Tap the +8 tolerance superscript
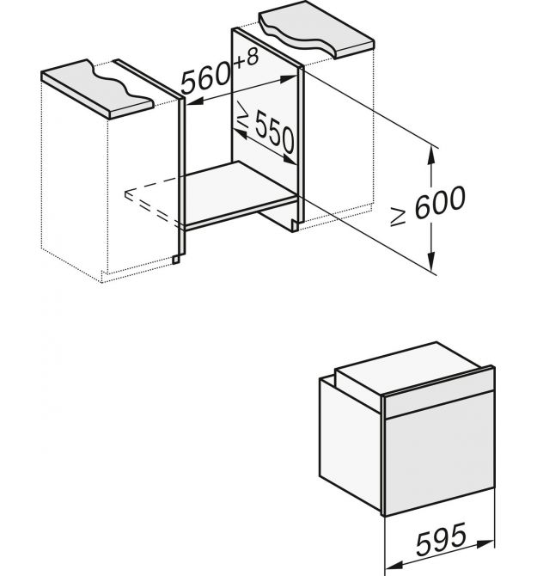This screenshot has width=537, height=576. [246, 58]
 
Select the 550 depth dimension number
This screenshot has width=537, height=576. [275, 132]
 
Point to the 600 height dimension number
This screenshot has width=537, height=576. [440, 202]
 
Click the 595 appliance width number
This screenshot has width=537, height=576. [441, 539]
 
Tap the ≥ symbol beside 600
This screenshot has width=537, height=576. [398, 217]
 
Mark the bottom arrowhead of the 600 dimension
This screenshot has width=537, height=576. [431, 261]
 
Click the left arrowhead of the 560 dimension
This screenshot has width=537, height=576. [195, 101]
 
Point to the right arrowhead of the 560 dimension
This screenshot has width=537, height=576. [289, 78]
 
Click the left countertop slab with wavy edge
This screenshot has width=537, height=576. [97, 89]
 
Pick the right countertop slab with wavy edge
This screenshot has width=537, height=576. [316, 29]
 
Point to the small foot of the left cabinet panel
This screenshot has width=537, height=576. [176, 259]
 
